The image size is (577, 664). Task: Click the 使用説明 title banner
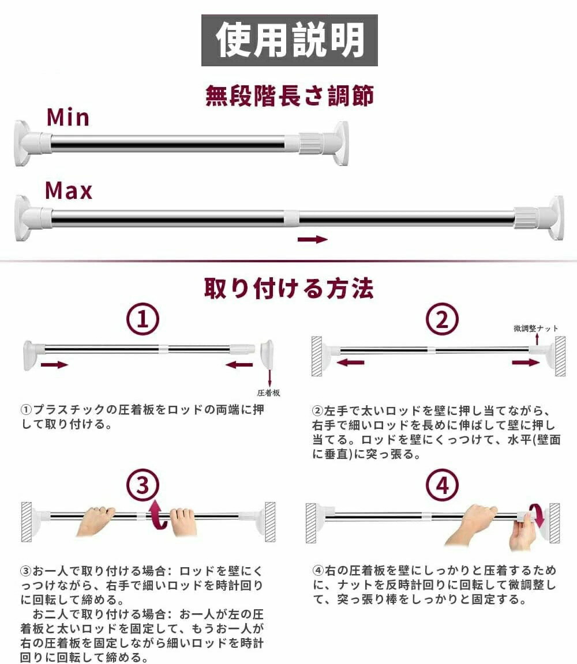290,40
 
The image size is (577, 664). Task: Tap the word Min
68,118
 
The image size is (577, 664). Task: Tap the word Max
69,191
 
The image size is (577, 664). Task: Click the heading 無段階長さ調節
290,95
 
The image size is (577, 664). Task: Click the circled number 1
143,319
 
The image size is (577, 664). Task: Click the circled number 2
442,319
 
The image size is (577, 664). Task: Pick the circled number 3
143,485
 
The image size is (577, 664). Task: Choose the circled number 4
442,485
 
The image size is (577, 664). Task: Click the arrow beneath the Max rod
313,239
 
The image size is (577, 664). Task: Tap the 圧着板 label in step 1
268,393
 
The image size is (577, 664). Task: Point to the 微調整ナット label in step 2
536,328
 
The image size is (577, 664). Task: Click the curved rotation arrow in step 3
157,515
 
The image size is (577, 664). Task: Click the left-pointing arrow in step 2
350,363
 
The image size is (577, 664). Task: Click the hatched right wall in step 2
560,356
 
